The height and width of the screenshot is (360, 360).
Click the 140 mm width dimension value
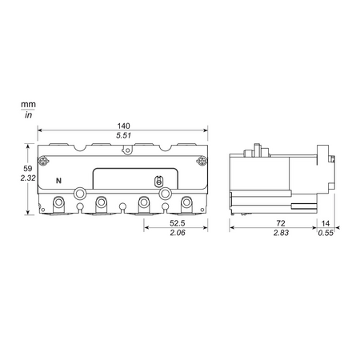click(123, 126)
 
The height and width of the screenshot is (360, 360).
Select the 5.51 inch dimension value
click(123, 135)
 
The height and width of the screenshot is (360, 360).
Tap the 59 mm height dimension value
click(28, 169)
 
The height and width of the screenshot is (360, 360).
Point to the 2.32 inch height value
click(28, 178)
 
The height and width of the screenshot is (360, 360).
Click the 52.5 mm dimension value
click(178, 223)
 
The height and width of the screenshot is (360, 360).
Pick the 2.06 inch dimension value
click(178, 233)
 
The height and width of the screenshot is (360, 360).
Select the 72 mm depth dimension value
click(281, 223)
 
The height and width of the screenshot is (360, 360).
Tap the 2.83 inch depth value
click(281, 233)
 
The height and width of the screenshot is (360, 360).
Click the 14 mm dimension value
click(326, 223)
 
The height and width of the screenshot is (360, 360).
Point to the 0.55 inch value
click(326, 233)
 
